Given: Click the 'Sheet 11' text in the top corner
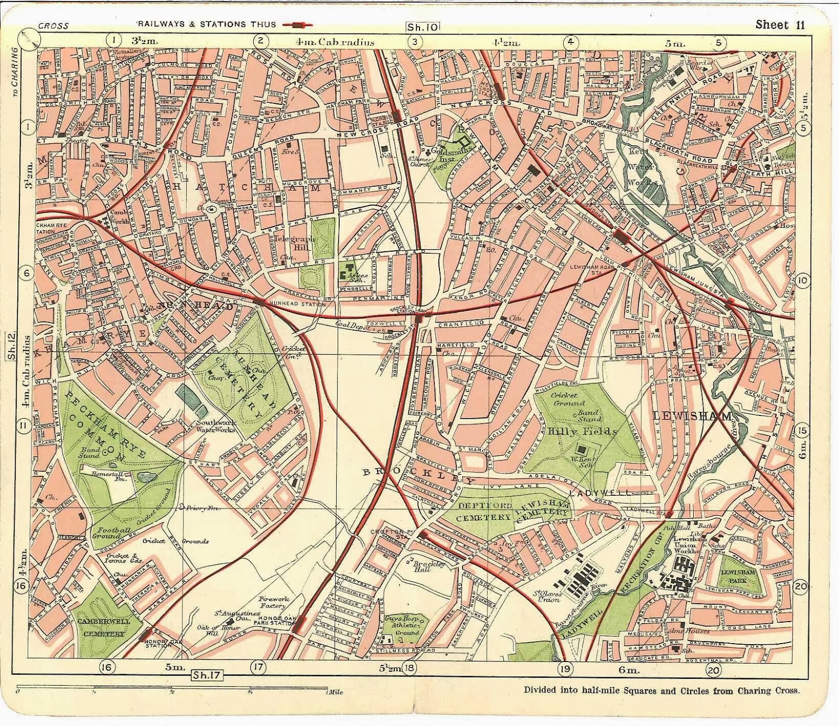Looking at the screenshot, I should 780,25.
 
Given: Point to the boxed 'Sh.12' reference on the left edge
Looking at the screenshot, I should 12,346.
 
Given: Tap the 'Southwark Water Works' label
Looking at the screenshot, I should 215,426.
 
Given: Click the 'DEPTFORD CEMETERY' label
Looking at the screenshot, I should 483,512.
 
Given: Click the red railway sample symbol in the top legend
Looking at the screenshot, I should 297,24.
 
